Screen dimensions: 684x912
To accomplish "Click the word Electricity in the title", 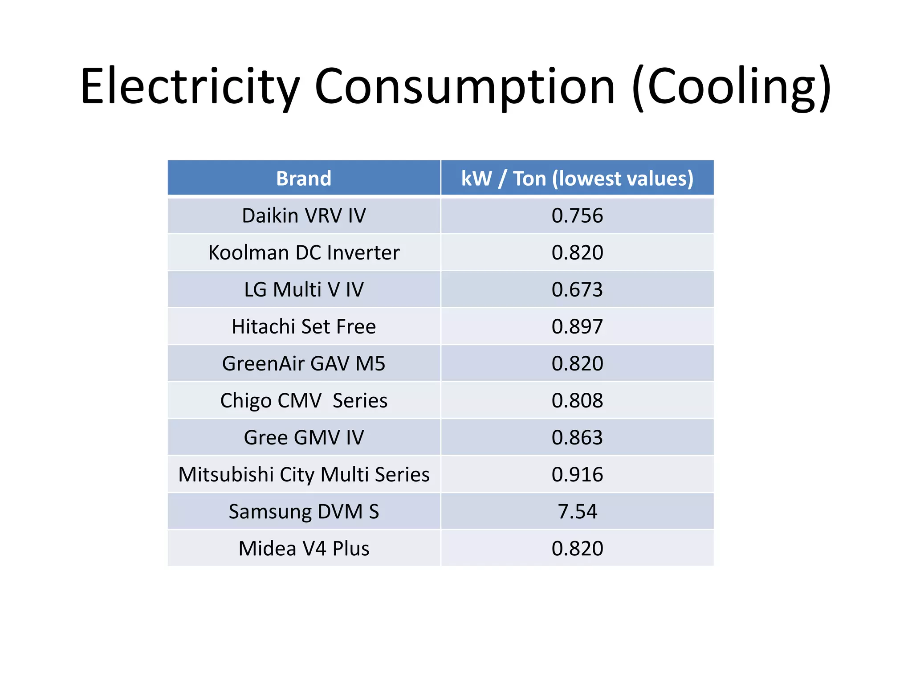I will [x=189, y=86].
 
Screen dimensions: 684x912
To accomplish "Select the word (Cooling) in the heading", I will [x=731, y=86].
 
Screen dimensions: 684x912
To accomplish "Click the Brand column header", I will [x=304, y=178].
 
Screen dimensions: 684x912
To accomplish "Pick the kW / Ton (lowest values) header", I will [x=577, y=178].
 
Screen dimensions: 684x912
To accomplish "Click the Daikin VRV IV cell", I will [x=304, y=216].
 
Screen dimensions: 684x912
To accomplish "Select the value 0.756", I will [x=577, y=216].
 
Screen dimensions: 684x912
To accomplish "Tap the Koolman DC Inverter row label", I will [x=304, y=252].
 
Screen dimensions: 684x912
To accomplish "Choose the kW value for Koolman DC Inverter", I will [x=577, y=252].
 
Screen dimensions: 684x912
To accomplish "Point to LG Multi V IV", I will [x=304, y=289].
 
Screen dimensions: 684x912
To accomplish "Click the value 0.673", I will [x=577, y=289].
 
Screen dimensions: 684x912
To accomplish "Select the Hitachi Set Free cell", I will [x=304, y=326].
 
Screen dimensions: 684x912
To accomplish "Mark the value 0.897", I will [x=577, y=326].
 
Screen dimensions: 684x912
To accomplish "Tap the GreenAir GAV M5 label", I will [x=304, y=363].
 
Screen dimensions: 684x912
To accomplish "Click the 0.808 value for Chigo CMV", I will [x=577, y=400].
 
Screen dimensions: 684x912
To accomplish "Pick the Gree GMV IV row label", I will [x=304, y=437].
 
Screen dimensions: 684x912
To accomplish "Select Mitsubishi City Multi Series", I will [x=304, y=474].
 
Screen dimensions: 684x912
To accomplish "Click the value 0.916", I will [x=577, y=474].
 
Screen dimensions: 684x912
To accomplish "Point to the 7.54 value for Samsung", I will [x=577, y=511].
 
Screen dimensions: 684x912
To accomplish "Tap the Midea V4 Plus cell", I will [x=304, y=548].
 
